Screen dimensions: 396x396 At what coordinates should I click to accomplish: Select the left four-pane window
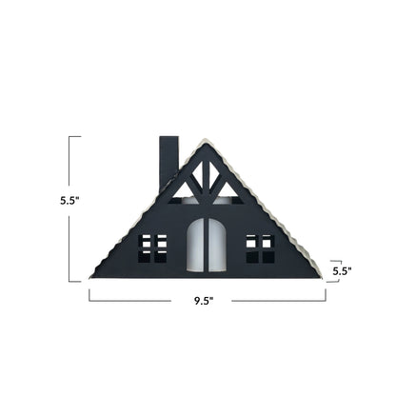tap(153, 247)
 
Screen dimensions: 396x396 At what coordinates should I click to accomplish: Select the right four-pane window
tap(260, 247)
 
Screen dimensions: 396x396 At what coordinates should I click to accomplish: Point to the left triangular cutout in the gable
tap(184, 190)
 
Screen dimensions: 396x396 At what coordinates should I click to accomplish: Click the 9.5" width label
tap(201, 300)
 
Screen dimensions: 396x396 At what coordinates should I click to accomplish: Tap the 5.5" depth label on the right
tap(342, 270)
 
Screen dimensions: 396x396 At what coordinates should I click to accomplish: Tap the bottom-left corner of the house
tap(92, 276)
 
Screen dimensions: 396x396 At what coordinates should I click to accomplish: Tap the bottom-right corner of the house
tap(321, 276)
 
